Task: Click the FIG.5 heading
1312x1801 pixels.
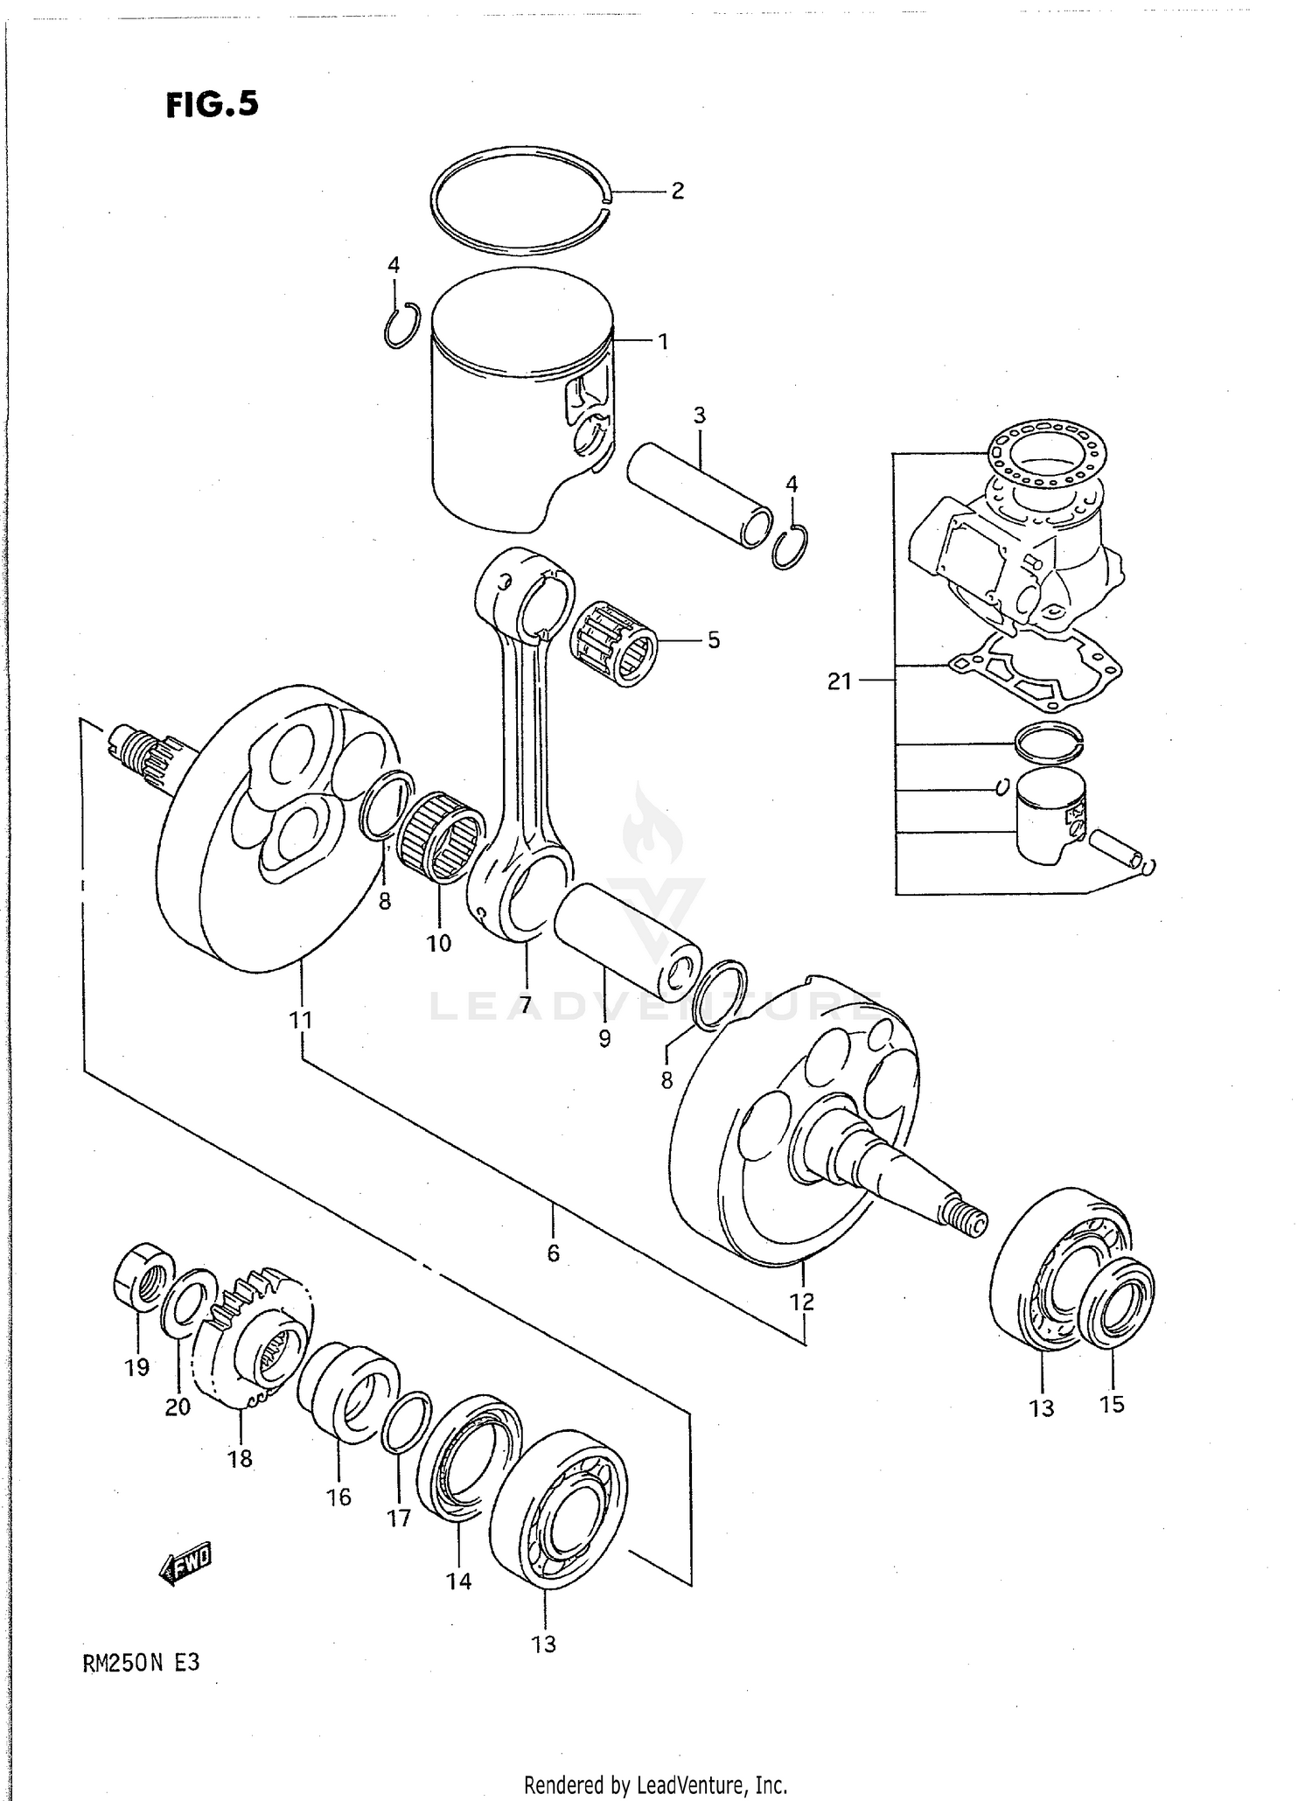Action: (212, 104)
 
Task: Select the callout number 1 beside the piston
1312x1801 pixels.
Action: (663, 342)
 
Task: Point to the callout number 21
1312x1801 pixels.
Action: (839, 681)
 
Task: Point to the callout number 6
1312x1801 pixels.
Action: (553, 1253)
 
